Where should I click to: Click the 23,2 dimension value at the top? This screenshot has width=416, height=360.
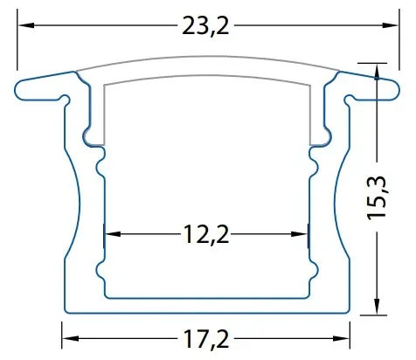(205, 25)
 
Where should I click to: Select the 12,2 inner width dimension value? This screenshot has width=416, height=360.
(206, 234)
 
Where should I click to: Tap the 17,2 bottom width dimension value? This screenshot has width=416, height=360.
(206, 338)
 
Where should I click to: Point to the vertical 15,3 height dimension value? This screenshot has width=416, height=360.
(377, 198)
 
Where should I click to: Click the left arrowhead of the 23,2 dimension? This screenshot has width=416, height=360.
(25, 25)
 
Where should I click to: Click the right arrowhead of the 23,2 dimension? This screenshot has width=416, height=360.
(391, 25)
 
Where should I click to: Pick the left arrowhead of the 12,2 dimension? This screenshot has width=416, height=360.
(113, 234)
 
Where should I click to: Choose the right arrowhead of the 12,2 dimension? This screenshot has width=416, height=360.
(300, 234)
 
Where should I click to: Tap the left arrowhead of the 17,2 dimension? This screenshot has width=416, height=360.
(70, 338)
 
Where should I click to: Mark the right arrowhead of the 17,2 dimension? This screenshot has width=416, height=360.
(342, 338)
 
